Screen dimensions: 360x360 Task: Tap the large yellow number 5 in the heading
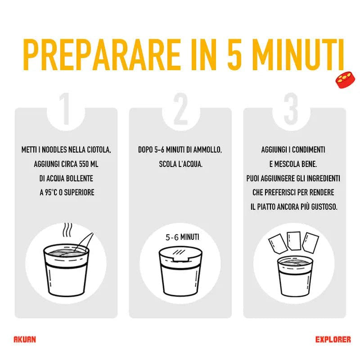[234, 54]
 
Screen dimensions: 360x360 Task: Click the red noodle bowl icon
[345, 80]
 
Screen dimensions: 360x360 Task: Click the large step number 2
[180, 108]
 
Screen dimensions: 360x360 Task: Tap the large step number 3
[291, 108]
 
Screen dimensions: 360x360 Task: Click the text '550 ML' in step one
[89, 164]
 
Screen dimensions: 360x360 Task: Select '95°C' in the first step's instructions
[50, 193]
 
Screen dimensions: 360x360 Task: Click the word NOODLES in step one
[54, 150]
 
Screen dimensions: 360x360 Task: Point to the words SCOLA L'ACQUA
[181, 164]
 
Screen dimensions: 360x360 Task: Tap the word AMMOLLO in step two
[207, 150]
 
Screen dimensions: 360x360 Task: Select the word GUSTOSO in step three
[324, 207]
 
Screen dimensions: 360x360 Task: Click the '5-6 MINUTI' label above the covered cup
[182, 237]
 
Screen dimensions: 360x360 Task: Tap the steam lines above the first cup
[67, 230]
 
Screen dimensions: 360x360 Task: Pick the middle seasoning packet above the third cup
[294, 241]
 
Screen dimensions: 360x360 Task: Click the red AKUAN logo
[25, 340]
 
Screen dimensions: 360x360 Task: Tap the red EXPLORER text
[333, 340]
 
